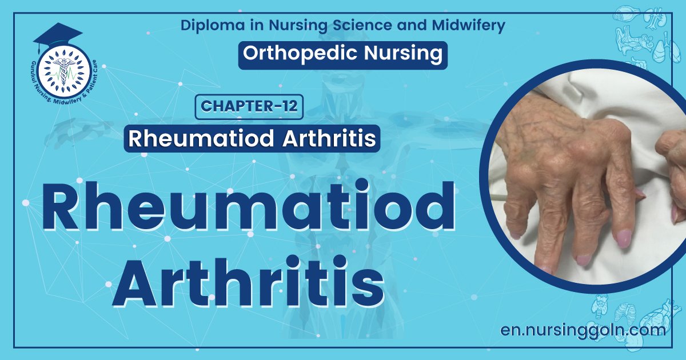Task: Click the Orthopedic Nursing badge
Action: [342, 53]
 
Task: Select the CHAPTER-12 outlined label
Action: [249, 107]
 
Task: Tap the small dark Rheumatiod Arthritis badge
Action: [252, 139]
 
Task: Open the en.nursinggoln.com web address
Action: [583, 330]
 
